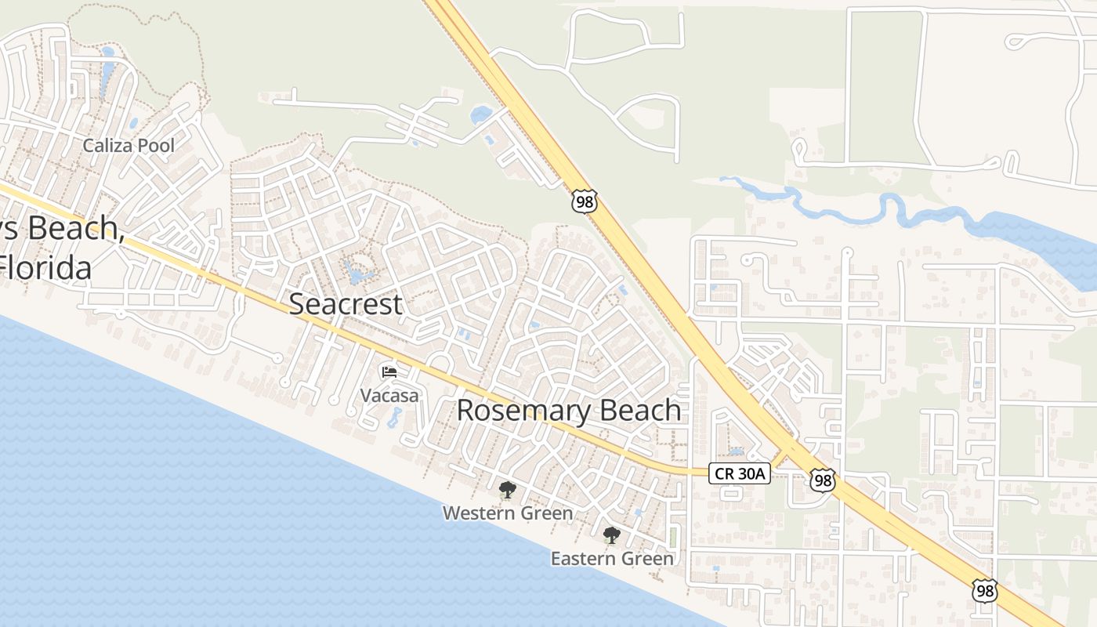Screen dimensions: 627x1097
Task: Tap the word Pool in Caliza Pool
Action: [155, 146]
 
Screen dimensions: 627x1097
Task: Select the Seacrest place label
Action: [346, 304]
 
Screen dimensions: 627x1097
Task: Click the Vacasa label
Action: [389, 395]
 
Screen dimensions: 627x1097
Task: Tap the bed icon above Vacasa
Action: [389, 371]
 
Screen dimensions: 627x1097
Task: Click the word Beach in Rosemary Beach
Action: [640, 410]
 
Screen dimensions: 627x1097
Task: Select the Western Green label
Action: [507, 513]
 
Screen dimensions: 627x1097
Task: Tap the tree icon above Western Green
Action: [507, 491]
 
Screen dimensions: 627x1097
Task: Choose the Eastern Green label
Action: [612, 559]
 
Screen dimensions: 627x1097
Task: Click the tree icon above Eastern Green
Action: [611, 536]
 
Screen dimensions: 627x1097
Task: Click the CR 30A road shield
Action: [740, 473]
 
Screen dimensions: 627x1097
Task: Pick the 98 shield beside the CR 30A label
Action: [822, 480]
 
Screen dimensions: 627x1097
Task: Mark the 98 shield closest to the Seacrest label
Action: [584, 201]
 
